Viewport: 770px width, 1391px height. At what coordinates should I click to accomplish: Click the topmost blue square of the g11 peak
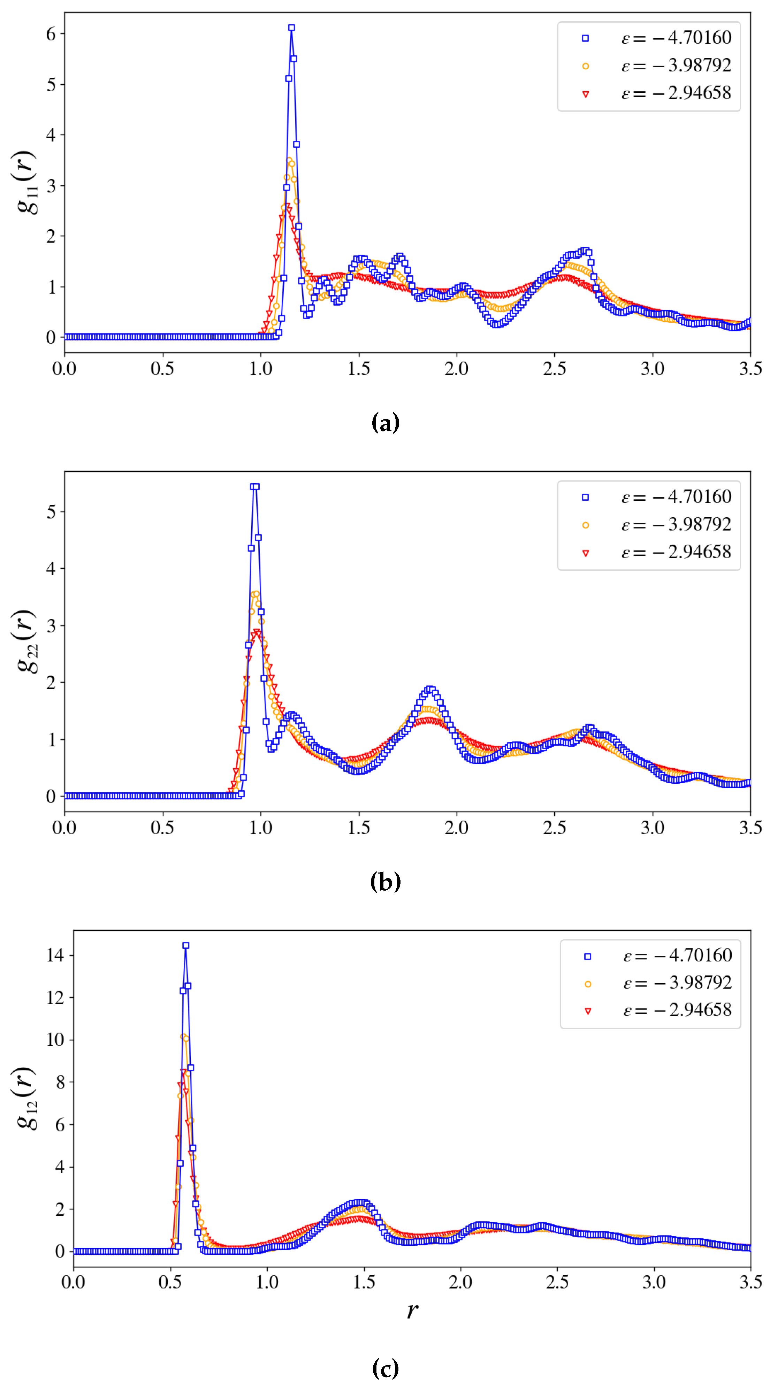[x=291, y=28]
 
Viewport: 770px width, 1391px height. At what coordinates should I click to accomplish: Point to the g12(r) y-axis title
[x=26, y=1098]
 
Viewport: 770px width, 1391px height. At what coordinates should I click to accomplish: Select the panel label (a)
[x=385, y=423]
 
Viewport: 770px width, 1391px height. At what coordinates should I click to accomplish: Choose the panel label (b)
[x=385, y=882]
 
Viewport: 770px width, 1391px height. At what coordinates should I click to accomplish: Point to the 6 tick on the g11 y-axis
[x=51, y=34]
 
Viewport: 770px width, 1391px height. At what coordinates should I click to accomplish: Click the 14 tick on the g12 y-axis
[x=55, y=955]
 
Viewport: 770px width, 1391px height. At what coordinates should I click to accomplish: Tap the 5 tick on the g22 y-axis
[x=51, y=512]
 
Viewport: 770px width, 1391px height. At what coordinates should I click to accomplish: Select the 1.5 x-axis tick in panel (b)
[x=359, y=828]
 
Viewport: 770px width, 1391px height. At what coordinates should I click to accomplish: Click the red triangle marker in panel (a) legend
[x=585, y=94]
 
